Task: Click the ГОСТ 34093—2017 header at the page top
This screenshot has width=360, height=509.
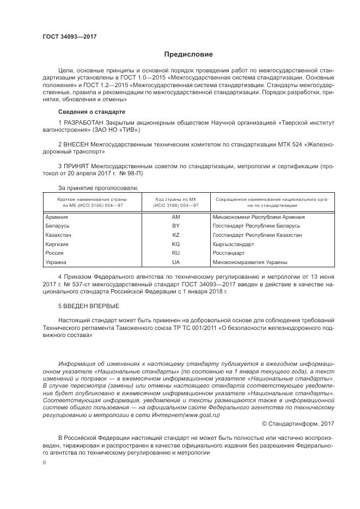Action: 70,37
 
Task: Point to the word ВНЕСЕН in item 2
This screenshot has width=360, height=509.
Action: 75,144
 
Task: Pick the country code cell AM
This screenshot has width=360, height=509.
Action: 175,217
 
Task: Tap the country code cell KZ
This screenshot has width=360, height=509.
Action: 175,235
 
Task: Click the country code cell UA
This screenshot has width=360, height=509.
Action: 175,262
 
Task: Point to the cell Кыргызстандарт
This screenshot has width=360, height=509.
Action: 234,244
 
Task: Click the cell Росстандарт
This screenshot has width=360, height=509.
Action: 229,253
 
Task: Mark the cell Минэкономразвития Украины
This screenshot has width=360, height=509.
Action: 250,262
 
